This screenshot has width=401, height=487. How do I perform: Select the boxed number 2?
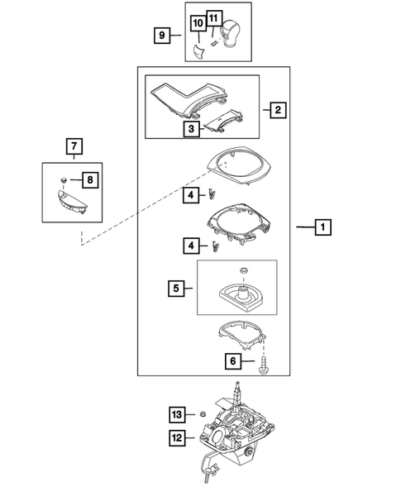[x=276, y=109]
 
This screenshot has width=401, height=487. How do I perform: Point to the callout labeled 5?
[x=175, y=289]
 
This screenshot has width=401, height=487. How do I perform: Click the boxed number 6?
[x=233, y=360]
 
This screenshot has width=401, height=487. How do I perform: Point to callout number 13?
[x=176, y=413]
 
